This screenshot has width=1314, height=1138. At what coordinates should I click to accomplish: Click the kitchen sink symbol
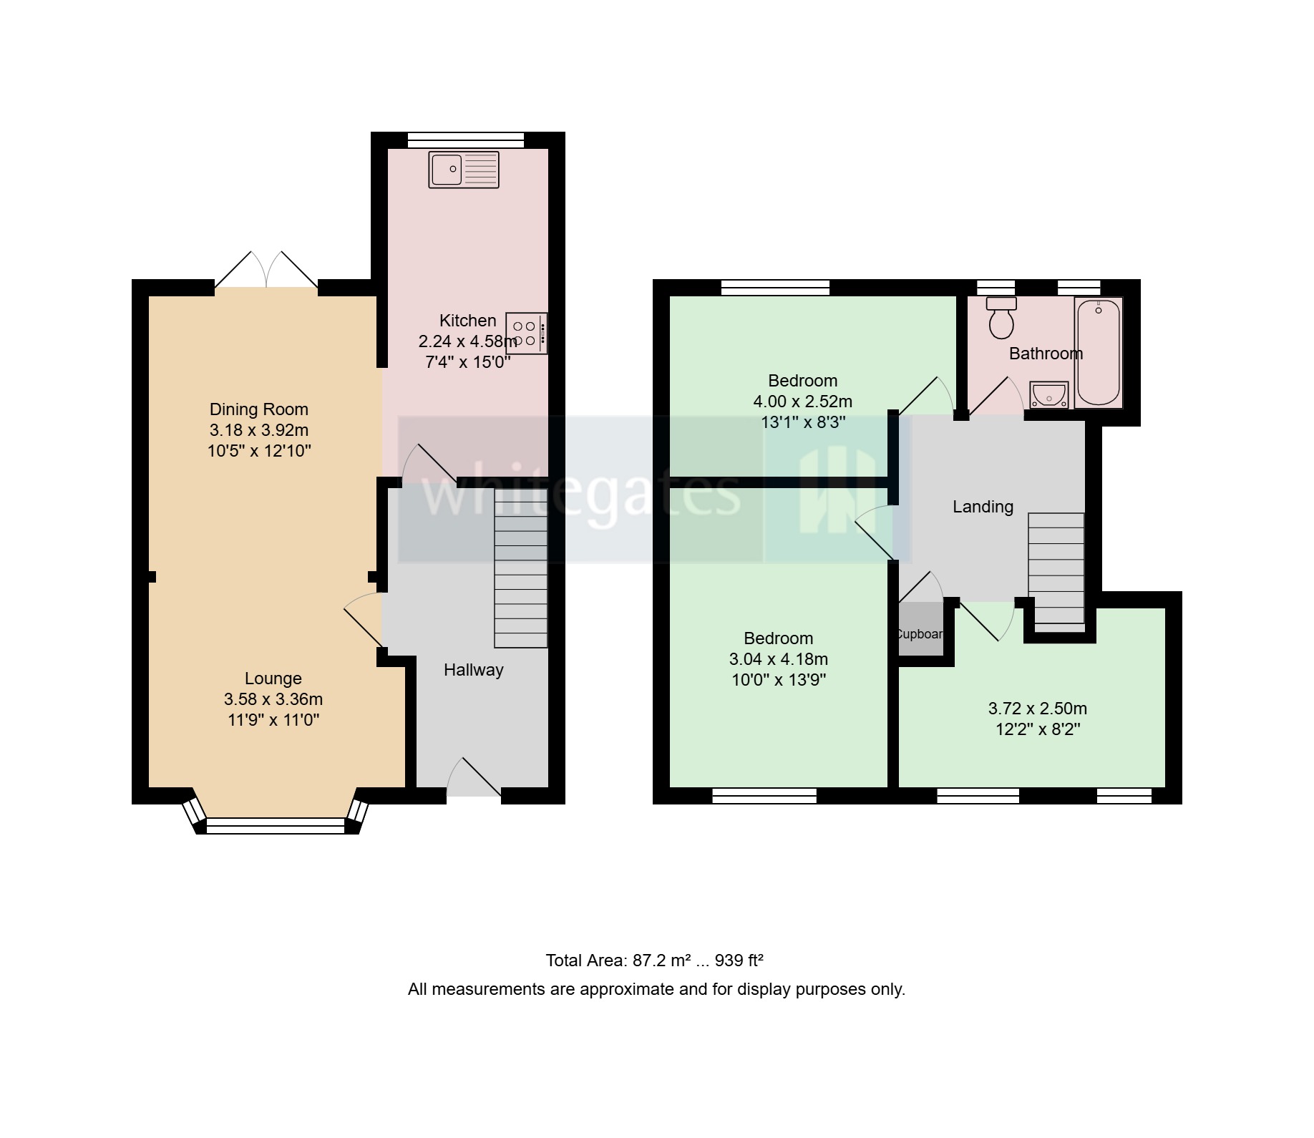pos(464,170)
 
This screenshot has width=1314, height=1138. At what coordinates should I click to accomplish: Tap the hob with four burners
pos(526,334)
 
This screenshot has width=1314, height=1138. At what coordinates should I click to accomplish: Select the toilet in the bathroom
pos(1001,318)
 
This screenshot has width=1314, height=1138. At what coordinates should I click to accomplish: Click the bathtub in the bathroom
pos(1099,353)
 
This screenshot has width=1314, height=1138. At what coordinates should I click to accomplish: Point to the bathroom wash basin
pos(1049,395)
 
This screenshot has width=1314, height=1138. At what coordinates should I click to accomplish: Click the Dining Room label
pos(258,409)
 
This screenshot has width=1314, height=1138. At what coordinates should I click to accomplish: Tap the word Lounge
pos(273,679)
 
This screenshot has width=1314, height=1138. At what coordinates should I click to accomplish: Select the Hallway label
pos(473,670)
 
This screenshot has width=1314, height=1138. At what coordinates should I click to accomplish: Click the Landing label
pos(983,507)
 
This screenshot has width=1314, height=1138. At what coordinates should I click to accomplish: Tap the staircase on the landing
pos(1056,569)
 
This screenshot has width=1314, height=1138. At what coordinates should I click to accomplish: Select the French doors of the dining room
pos(266,272)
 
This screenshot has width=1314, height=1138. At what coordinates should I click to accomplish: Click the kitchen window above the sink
pos(466,140)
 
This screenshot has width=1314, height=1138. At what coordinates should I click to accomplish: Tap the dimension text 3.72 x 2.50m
pos(1037,709)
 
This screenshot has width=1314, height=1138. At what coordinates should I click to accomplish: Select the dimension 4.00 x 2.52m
pos(802,402)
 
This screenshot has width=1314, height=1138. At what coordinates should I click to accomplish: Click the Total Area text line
pos(654,961)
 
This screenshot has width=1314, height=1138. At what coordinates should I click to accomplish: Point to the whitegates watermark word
pos(580,493)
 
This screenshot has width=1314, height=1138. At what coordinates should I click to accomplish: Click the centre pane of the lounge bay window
pos(276,827)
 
